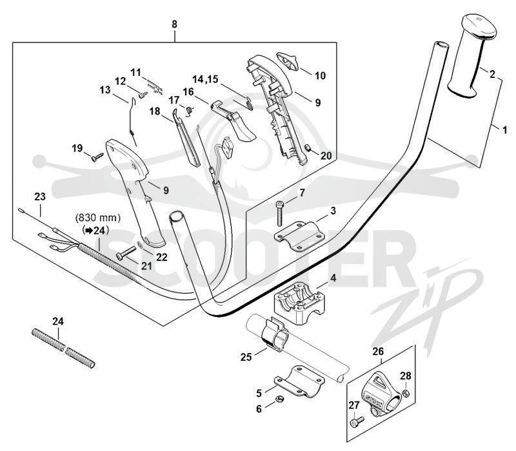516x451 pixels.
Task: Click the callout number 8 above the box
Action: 174,24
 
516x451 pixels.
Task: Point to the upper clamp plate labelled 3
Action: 299,235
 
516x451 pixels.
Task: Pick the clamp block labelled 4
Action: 299,302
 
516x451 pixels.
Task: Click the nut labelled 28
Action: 406,392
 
